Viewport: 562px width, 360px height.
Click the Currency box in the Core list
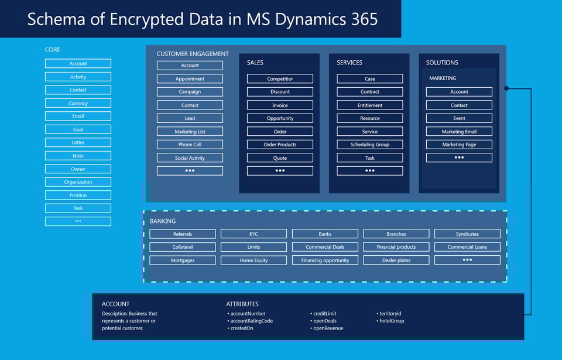[78, 103]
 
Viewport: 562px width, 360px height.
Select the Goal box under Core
[78, 129]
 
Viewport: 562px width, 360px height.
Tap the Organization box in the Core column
[78, 182]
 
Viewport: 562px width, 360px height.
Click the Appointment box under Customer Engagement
[190, 78]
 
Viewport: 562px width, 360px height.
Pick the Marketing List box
[190, 132]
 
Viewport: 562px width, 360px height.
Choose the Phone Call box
[190, 145]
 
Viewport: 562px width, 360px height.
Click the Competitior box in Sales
[280, 78]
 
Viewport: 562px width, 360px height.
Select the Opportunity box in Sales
[280, 118]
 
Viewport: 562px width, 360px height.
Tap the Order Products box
[280, 145]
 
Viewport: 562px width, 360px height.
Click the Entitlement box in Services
[369, 105]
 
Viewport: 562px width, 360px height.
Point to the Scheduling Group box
[369, 145]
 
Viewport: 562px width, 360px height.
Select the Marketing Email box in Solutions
[459, 132]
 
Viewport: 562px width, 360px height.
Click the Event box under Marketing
[459, 118]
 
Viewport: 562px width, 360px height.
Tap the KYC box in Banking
[253, 234]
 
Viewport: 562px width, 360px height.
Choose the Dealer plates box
[396, 260]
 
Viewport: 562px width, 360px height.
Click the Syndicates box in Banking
[467, 234]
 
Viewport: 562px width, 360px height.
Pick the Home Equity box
[253, 260]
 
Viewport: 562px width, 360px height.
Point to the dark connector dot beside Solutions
[506, 88]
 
